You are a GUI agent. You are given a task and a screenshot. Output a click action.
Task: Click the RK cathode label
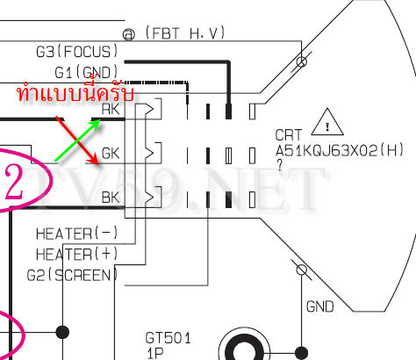(x=111, y=110)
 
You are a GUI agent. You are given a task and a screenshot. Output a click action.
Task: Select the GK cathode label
(x=111, y=154)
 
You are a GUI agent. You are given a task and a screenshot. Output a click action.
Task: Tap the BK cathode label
(x=111, y=198)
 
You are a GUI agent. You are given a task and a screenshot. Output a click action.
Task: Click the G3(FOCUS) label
(x=77, y=52)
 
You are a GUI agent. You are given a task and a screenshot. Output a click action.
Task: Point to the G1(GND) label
(x=87, y=72)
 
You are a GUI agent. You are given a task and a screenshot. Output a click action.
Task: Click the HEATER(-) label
(x=76, y=234)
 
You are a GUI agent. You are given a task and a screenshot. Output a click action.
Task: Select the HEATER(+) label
(x=76, y=254)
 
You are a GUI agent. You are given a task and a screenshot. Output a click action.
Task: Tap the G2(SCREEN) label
(x=72, y=275)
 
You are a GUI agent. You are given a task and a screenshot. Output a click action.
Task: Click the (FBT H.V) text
(x=185, y=33)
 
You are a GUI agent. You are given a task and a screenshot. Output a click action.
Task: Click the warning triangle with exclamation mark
(x=327, y=122)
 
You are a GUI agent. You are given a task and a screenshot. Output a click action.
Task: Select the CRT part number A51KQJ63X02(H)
(x=340, y=151)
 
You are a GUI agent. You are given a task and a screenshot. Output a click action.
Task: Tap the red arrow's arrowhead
(x=95, y=161)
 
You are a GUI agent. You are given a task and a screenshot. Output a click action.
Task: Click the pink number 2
(x=14, y=182)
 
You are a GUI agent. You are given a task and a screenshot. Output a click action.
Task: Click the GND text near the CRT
(x=319, y=307)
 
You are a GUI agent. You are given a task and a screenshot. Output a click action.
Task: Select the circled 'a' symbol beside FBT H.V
(x=129, y=34)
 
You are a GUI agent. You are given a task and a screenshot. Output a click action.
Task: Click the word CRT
(x=289, y=135)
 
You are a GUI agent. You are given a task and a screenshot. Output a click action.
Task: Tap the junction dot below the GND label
(x=302, y=353)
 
